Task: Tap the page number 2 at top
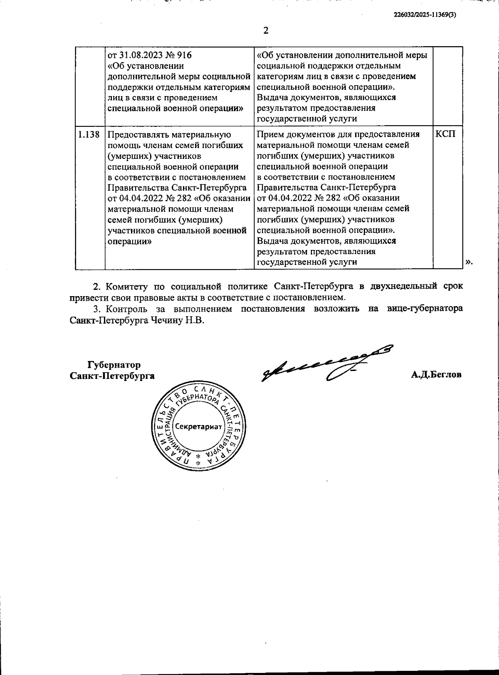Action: pos(266,30)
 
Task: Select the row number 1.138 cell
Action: pos(89,134)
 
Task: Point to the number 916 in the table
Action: pos(184,55)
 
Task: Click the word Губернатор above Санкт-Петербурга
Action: pos(114,365)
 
